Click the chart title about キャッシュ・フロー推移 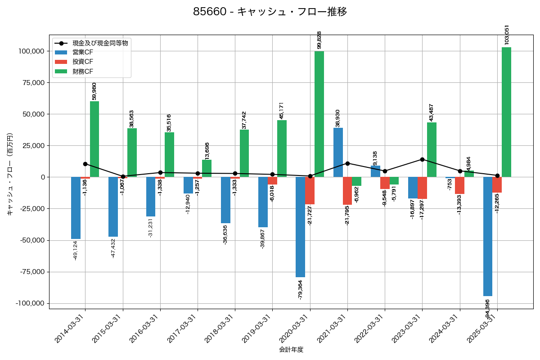270,12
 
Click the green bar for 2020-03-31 319,114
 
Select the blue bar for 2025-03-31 487,236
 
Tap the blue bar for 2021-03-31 338,152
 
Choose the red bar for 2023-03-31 422,188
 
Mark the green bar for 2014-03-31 94,139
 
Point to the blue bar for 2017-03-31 188,185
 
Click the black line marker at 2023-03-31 422,159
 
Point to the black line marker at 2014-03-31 85,164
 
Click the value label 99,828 319,40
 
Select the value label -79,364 300,290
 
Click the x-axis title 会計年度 291,350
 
